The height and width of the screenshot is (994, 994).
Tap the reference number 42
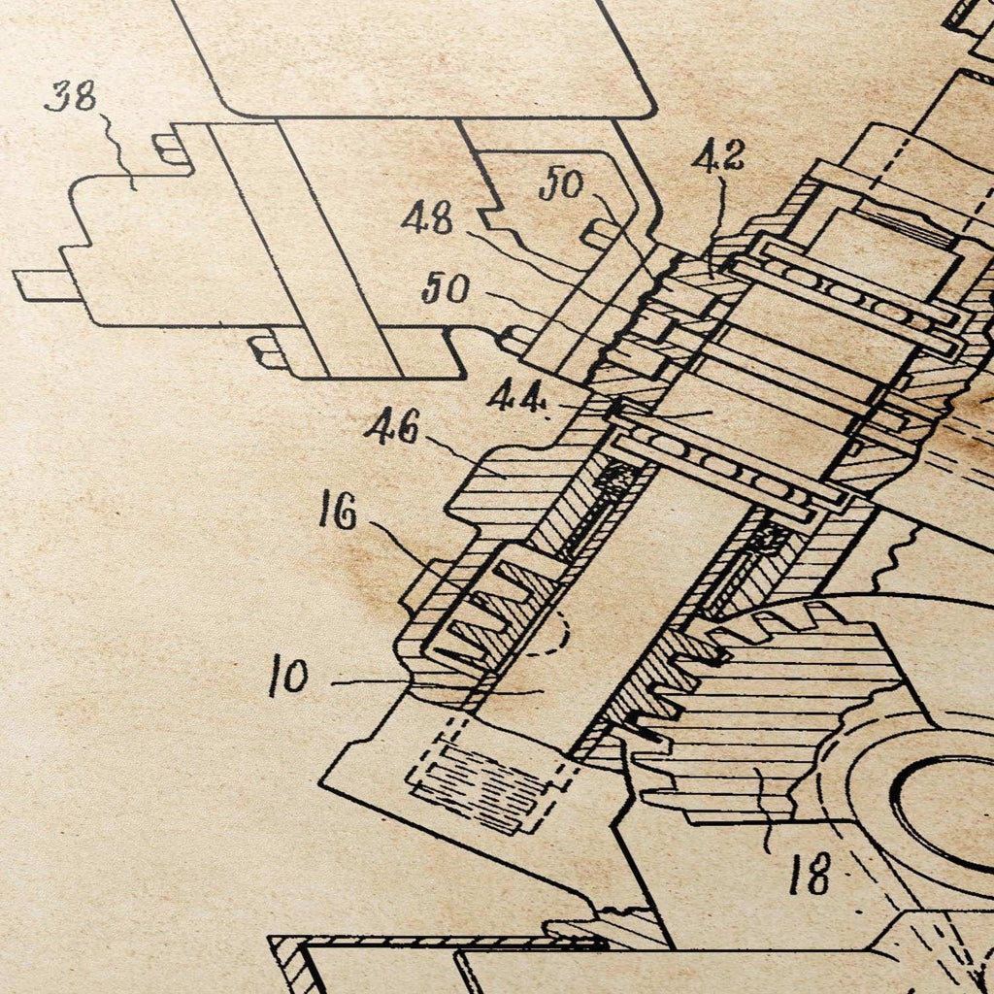click(717, 157)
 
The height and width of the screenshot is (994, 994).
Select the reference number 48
click(428, 217)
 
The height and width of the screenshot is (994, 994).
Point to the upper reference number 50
click(562, 183)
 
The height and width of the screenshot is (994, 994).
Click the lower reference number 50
click(447, 287)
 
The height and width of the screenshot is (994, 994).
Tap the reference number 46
click(392, 427)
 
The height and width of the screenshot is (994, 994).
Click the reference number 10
click(288, 676)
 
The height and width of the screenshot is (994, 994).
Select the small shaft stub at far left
click(45, 285)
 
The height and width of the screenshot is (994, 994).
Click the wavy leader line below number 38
click(117, 150)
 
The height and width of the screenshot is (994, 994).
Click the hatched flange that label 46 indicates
click(501, 480)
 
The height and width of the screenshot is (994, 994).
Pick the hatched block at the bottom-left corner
click(289, 965)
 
